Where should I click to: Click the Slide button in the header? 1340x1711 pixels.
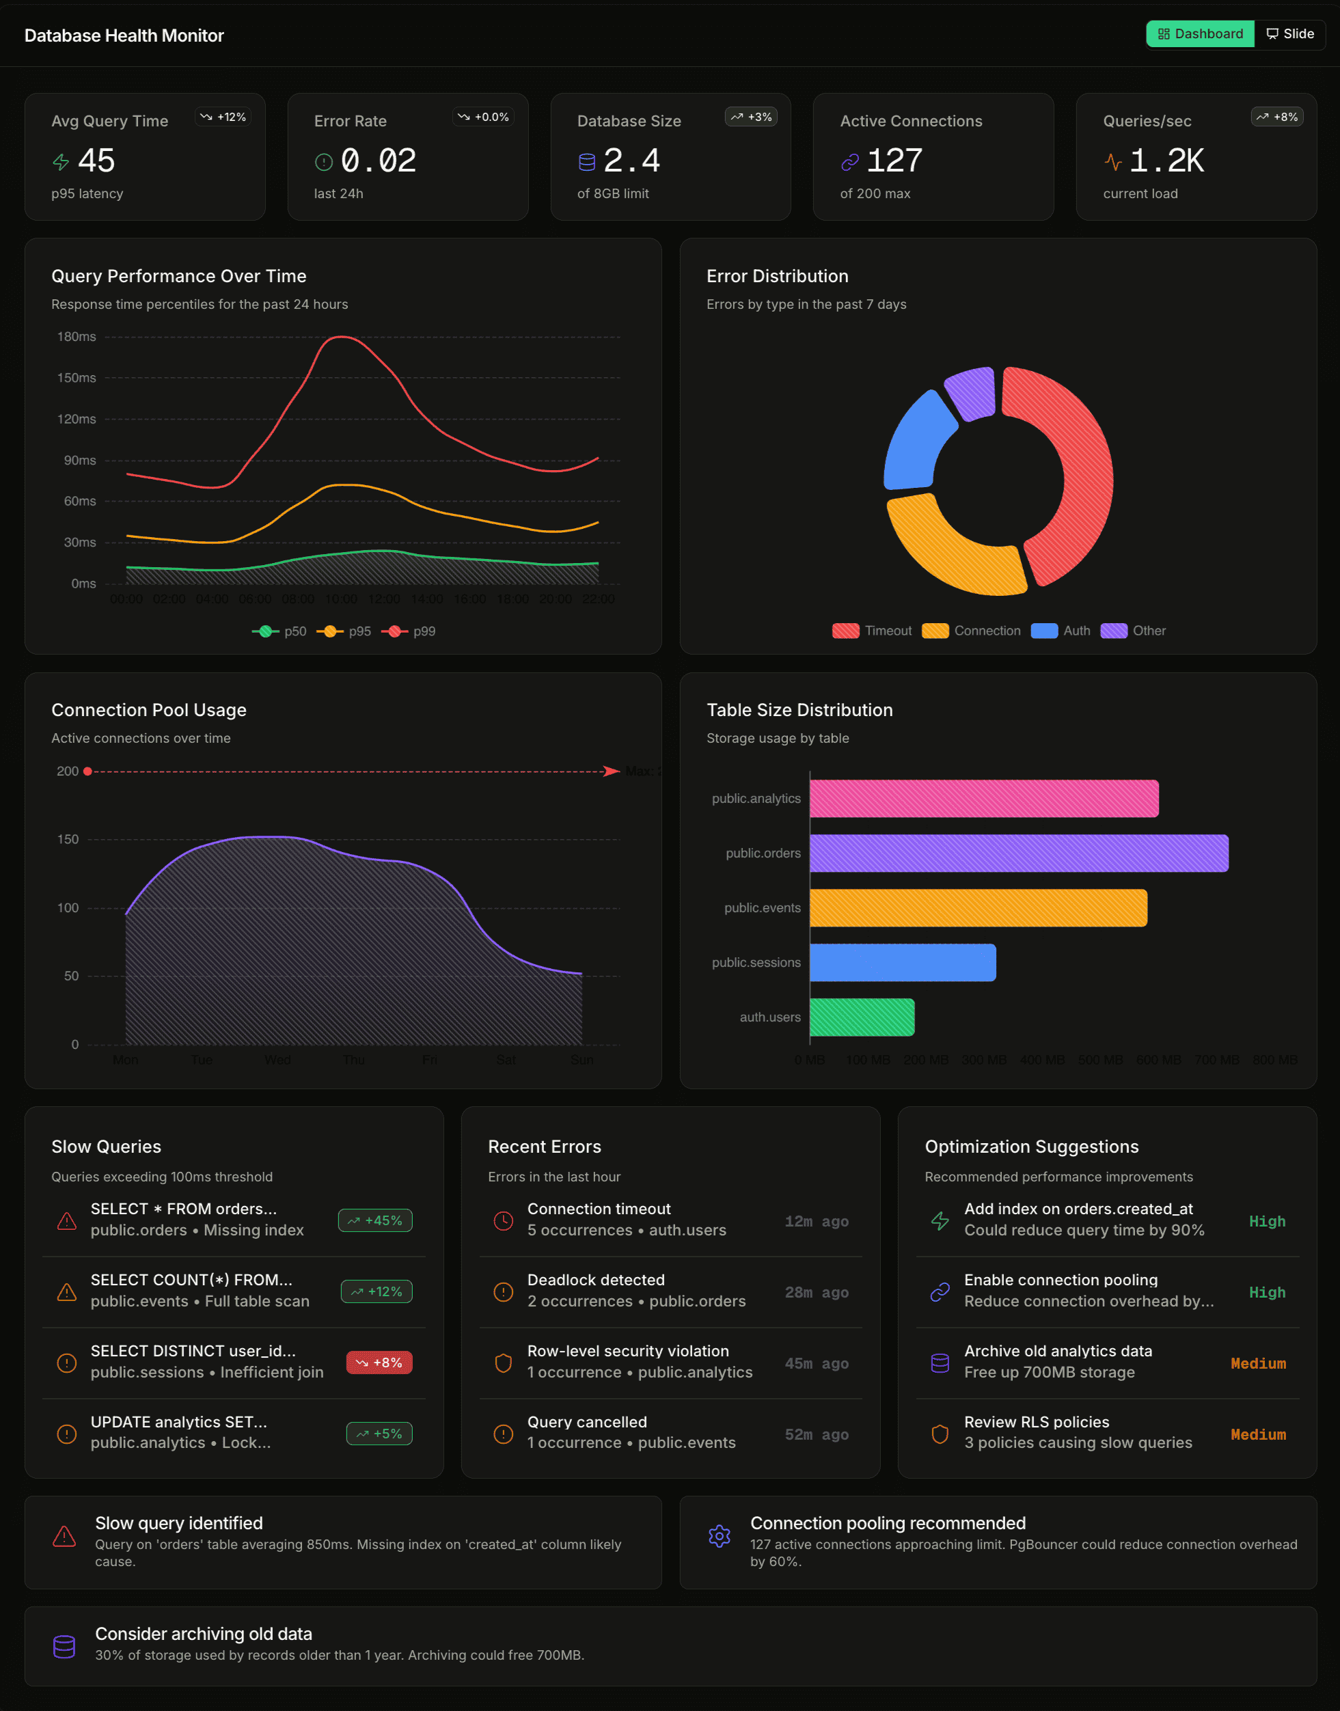tap(1290, 33)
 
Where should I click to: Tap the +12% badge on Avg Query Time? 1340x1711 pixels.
tap(223, 117)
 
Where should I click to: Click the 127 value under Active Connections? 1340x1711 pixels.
tap(894, 161)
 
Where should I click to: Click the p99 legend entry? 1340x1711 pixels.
tap(409, 631)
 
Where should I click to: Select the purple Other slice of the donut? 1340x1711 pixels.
tap(970, 392)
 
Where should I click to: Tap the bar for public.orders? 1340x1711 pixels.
tap(1018, 853)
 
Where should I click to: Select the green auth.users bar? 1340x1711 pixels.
tap(862, 1017)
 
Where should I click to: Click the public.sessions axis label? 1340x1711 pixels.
tap(756, 963)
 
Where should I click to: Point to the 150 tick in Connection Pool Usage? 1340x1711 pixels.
tap(68, 839)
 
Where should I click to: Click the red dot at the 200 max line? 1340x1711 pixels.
tap(88, 771)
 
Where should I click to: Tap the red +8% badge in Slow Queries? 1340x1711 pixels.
tap(379, 1363)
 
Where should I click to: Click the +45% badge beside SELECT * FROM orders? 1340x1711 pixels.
tap(375, 1220)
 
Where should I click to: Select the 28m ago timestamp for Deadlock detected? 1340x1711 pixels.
tap(816, 1292)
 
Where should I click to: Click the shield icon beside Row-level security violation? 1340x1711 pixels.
tap(503, 1363)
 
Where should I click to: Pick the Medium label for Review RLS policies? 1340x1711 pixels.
tap(1257, 1434)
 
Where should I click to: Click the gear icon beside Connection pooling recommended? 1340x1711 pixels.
tap(719, 1535)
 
